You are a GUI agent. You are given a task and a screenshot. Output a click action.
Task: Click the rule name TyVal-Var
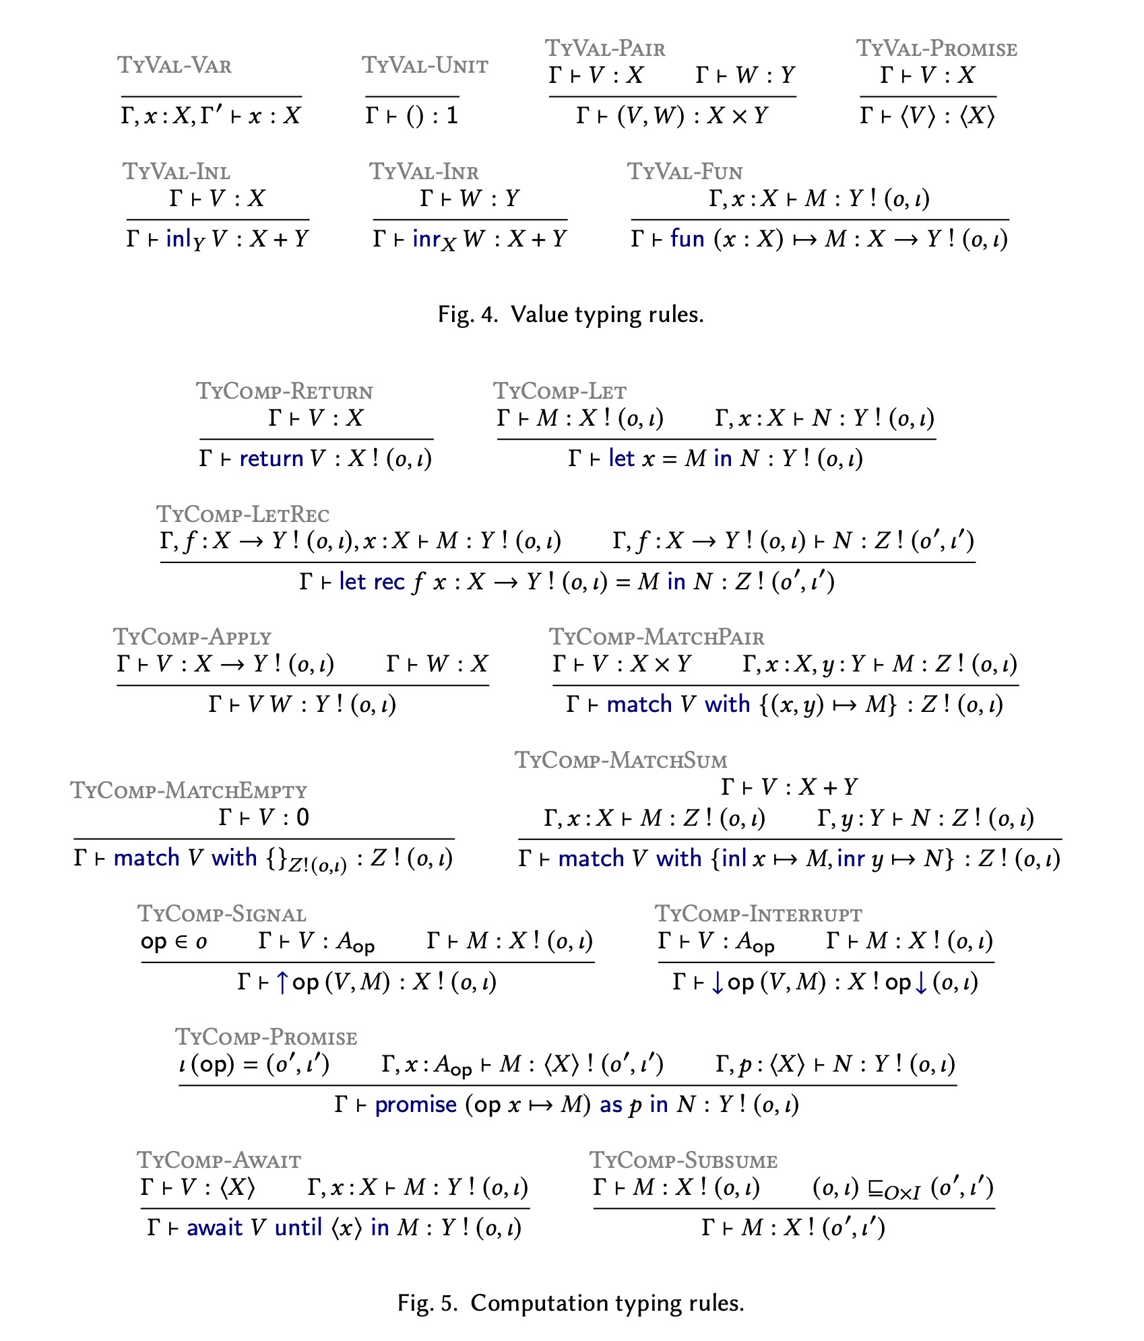pos(174,65)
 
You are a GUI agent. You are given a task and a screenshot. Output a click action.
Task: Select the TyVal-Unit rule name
pos(424,65)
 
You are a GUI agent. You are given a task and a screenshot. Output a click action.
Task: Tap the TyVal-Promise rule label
pos(936,48)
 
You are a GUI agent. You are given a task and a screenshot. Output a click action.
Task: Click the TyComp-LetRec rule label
pos(243,515)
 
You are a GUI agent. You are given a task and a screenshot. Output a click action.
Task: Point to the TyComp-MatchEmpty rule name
pos(189,790)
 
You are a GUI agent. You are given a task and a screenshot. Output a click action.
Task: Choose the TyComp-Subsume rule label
pos(683,1160)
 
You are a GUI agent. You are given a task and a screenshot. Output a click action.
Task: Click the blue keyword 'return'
pos(271,459)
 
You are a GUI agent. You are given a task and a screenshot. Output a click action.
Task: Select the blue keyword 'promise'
pos(416,1105)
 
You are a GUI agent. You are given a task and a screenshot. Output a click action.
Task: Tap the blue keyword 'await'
pos(214,1228)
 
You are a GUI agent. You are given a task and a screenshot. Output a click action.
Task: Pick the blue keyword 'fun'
pos(687,239)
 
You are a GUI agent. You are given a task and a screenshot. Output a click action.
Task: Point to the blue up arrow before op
pos(282,983)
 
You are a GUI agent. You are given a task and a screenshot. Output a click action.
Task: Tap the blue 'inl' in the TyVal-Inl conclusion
pos(178,239)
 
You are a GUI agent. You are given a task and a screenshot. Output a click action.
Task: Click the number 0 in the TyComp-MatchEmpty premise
pos(303,818)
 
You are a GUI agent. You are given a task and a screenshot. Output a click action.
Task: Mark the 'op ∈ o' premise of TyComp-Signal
pos(174,942)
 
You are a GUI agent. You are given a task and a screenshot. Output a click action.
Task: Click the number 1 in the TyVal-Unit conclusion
pos(452,116)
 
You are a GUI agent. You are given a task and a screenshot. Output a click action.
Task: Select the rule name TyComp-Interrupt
pos(758,914)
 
